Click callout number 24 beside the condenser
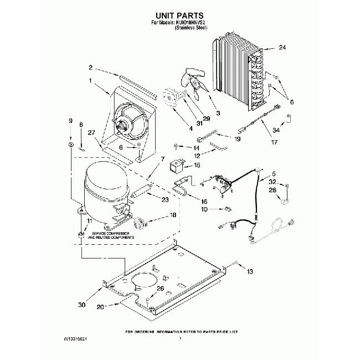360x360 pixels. click(282, 48)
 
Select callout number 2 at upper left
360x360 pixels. click(90, 69)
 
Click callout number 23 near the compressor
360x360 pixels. click(166, 199)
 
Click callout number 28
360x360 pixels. click(273, 191)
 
